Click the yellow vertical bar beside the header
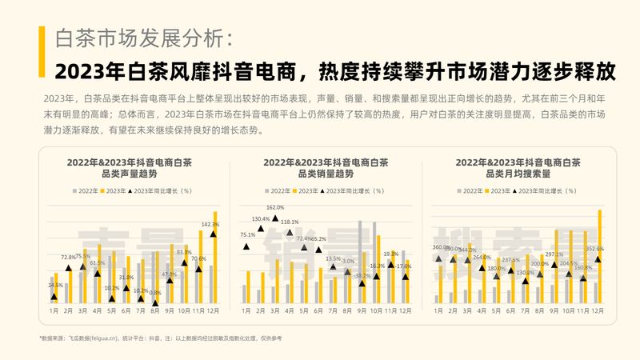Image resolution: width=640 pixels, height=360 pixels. [41, 51]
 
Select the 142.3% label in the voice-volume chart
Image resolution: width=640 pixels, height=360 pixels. [210, 225]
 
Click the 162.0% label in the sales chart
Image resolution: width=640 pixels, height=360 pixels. [275, 208]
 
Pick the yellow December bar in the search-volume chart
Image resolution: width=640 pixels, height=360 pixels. [599, 256]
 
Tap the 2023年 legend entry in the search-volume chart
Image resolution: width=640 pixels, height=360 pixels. [498, 191]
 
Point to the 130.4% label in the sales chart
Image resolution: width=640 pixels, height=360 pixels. [261, 218]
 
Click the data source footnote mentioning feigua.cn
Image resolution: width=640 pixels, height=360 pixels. [160, 339]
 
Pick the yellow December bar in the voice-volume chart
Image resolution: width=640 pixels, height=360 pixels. [215, 257]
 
